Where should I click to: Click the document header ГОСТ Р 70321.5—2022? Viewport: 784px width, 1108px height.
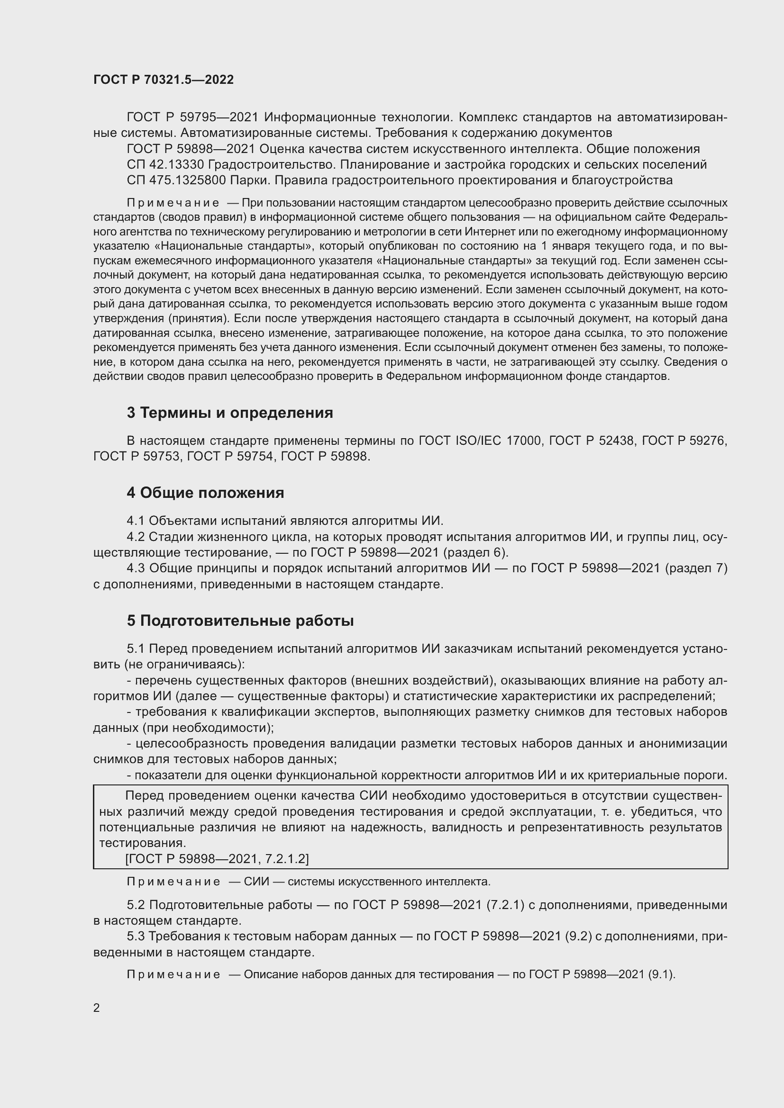[163, 80]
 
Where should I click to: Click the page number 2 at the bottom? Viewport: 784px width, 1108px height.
[97, 1008]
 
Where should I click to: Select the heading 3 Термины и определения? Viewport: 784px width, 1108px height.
[230, 413]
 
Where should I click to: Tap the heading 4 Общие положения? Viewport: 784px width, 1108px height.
[205, 493]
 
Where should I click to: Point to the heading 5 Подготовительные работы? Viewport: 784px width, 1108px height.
[240, 621]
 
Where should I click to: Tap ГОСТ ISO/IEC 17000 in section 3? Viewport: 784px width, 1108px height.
[479, 441]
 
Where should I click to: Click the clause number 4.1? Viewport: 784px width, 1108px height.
[136, 521]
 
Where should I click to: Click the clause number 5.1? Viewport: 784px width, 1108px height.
[136, 649]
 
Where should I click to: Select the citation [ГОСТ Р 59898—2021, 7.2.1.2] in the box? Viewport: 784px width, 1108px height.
[217, 858]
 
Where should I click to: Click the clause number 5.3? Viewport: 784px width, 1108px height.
[136, 936]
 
